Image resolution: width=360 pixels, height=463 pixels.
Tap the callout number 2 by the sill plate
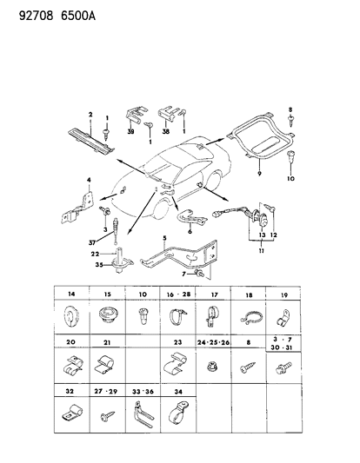(89, 114)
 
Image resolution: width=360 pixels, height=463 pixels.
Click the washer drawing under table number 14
(70, 314)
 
